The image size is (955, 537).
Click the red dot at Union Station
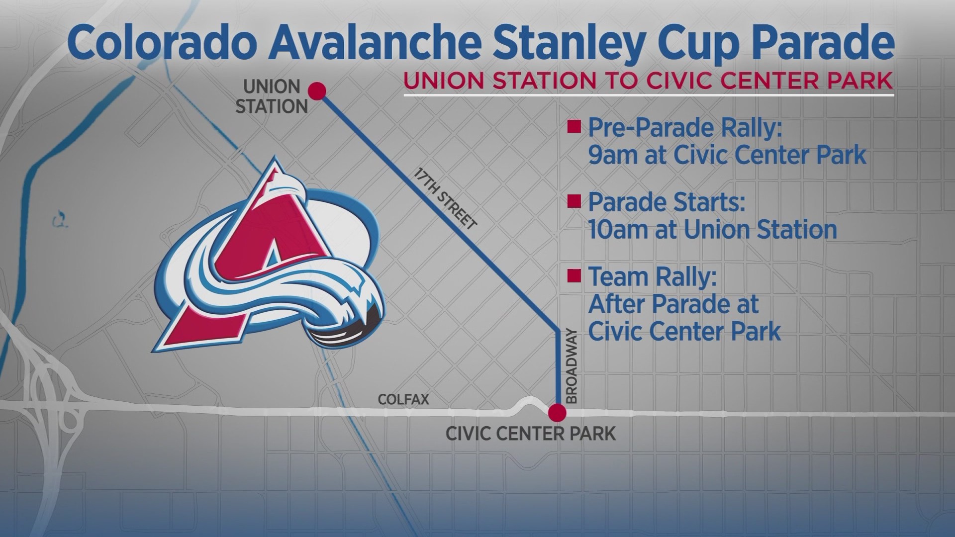pos(317,91)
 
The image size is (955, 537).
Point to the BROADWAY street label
pos(572,365)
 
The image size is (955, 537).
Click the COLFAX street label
pos(403,400)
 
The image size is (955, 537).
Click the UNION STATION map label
pos(272,96)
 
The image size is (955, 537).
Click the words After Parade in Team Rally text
pos(673,303)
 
